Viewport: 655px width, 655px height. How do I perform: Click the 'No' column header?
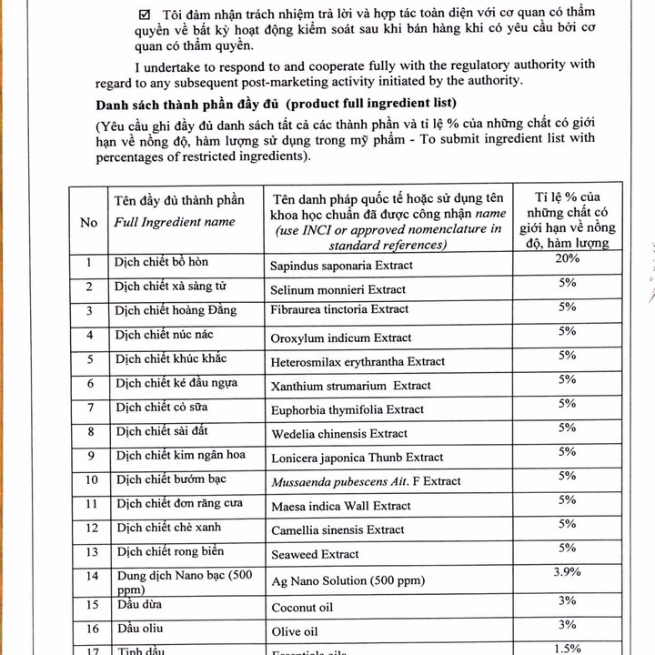(89, 222)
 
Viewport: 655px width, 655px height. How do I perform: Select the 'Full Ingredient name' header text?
(174, 222)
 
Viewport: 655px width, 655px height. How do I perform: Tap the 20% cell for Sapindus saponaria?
(567, 259)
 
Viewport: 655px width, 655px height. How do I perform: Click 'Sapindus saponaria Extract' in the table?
(341, 266)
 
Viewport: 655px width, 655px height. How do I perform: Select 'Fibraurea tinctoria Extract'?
(339, 310)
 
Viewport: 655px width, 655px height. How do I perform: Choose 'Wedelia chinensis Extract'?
(338, 434)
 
